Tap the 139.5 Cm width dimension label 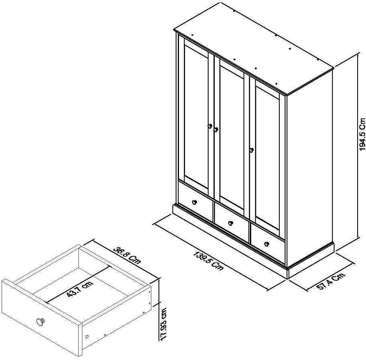pos(209,260)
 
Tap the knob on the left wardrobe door pos(209,126)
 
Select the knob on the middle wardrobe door pos(216,129)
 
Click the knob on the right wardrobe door pos(252,150)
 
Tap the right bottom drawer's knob pos(266,243)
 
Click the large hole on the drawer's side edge pos(87,335)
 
